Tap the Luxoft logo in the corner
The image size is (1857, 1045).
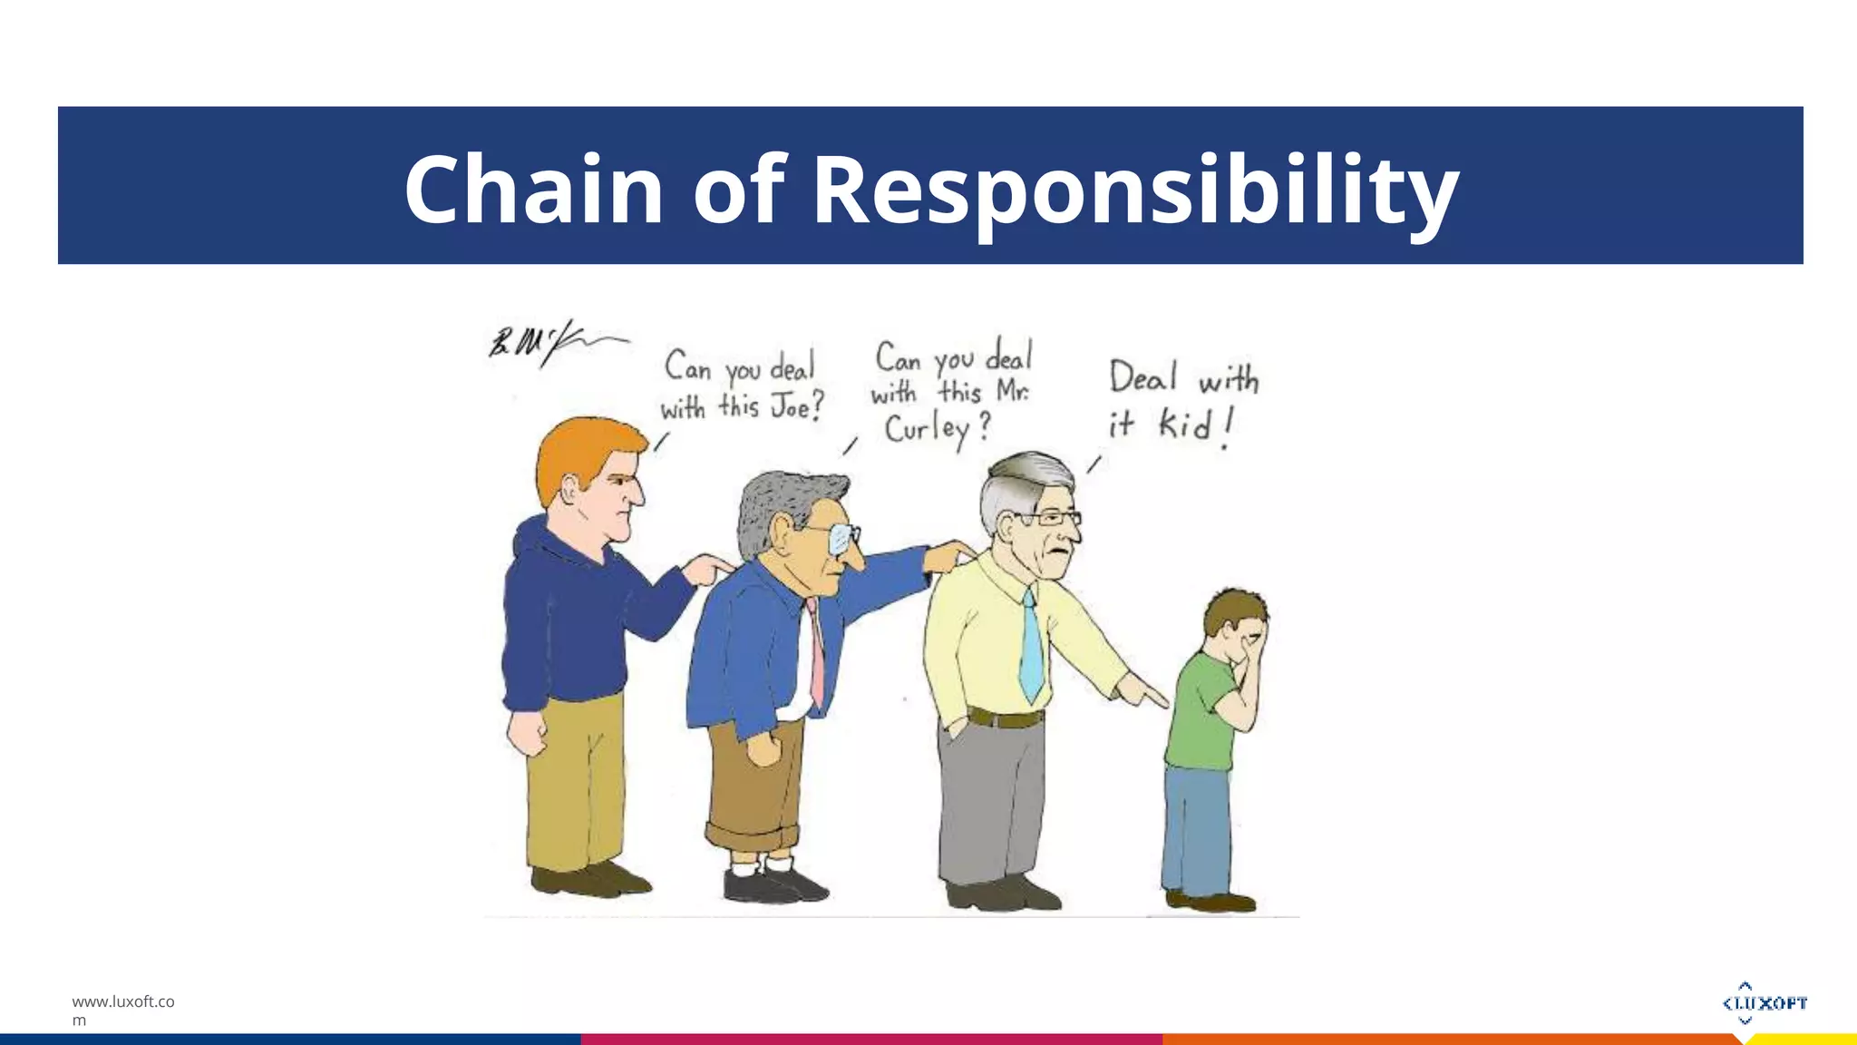[1764, 1002]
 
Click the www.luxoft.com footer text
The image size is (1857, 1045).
[122, 1010]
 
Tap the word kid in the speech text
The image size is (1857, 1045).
[1184, 424]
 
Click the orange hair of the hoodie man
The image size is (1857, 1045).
[580, 454]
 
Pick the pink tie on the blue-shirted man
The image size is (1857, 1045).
[817, 654]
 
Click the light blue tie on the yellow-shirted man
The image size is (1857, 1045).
[1031, 645]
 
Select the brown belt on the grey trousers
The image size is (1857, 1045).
[1005, 718]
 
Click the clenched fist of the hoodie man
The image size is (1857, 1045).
[528, 736]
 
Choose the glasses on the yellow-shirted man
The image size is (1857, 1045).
[1052, 519]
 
